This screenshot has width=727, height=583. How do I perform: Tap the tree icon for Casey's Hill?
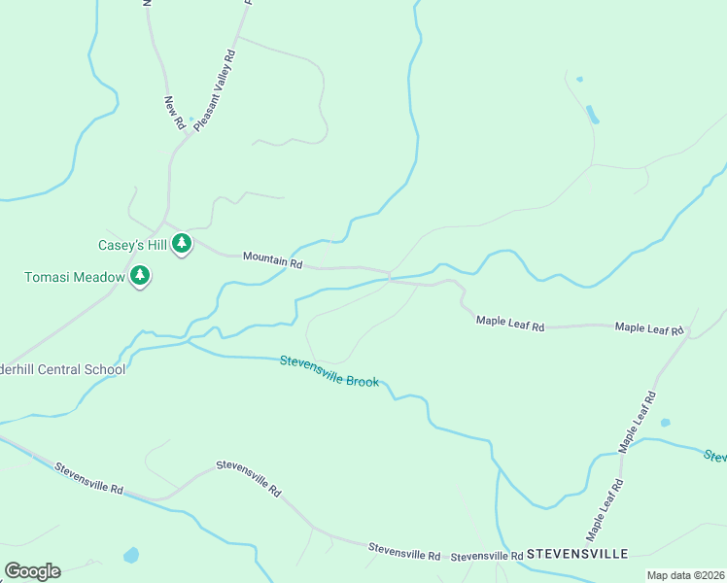point(182,245)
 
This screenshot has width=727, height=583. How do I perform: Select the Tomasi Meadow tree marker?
point(141,277)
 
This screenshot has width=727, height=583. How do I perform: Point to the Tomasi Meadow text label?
point(75,278)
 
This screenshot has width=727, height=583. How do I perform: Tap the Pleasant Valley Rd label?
point(215,90)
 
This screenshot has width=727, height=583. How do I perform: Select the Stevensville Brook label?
point(329,370)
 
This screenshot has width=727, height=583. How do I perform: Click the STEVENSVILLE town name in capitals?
point(578,554)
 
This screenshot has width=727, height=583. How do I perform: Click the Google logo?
point(32,571)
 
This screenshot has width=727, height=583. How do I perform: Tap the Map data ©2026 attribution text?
point(685,575)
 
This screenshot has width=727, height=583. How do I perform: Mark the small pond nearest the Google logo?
point(131,556)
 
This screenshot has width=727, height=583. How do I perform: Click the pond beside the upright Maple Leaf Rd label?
point(665,423)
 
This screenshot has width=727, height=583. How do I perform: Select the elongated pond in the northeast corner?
point(592,114)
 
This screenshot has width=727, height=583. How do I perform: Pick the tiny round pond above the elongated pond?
point(579,79)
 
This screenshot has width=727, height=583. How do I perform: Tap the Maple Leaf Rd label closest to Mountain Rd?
point(510,322)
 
